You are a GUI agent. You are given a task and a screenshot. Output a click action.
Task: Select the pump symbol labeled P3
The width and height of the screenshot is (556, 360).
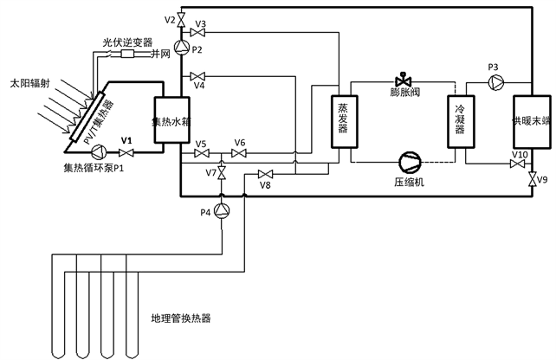pos(496,81)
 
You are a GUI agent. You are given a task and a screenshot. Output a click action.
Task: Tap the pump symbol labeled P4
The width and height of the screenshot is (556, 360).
pos(223,211)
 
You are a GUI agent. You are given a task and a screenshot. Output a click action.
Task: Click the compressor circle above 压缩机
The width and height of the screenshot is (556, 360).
pos(407,162)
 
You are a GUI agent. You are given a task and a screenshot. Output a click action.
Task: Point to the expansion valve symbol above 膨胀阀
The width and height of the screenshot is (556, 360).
pos(402,77)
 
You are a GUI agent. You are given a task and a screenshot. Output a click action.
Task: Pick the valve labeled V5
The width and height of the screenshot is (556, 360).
pos(201,153)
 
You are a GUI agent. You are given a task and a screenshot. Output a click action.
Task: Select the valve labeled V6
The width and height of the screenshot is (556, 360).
pos(239,153)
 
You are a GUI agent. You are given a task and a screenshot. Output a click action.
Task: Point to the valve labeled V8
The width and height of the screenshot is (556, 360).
pos(265,173)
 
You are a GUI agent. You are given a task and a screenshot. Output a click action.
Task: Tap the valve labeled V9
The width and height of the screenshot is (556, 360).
pos(529,181)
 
